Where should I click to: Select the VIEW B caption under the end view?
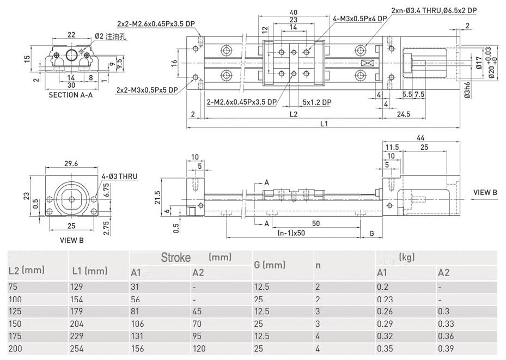70,239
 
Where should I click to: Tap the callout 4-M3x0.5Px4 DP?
359,18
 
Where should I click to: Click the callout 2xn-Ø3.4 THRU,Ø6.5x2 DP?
434,10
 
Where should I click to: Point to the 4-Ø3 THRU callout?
120,176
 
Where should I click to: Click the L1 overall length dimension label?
324,124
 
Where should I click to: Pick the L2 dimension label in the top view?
293,114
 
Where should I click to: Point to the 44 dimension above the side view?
420,138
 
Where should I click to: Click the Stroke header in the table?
176,257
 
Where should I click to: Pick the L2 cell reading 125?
16,311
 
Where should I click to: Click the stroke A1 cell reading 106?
138,324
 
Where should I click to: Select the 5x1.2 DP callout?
318,102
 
